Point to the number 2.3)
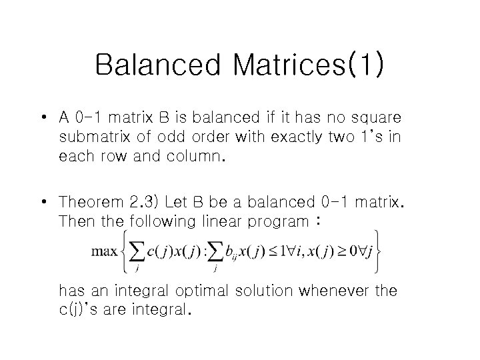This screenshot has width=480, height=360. click(x=145, y=201)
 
